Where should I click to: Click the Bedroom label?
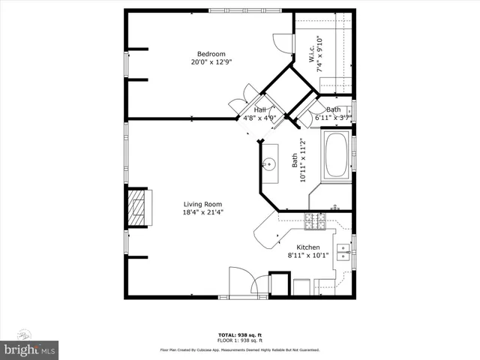[x=211, y=53]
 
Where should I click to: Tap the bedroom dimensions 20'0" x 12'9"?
[x=211, y=62]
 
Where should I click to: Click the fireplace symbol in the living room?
[x=138, y=208]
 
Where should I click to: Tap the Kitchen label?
[x=308, y=247]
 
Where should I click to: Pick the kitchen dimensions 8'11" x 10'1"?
[x=308, y=256]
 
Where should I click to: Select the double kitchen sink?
[x=343, y=251]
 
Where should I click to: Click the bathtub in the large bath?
[x=335, y=154]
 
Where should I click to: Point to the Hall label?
[x=259, y=110]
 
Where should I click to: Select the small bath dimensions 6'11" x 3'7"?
[x=333, y=118]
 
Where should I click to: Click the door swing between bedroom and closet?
[x=280, y=43]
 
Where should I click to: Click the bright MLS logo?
[x=30, y=349]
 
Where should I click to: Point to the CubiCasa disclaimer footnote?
[x=239, y=349]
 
